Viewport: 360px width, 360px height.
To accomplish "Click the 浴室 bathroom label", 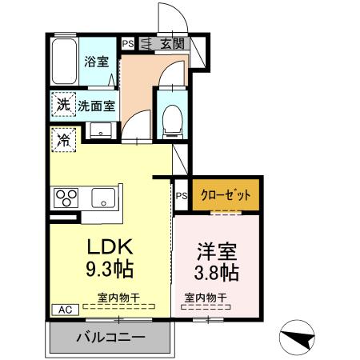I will (98, 62).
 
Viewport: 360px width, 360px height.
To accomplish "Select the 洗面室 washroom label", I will (97, 104).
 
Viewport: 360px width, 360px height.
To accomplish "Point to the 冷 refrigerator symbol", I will (62, 139).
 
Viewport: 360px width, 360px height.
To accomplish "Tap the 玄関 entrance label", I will (170, 45).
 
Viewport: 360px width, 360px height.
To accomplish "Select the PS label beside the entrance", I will (127, 45).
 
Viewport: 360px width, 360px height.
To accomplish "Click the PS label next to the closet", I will (182, 194).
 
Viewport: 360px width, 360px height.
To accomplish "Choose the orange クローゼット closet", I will (225, 194).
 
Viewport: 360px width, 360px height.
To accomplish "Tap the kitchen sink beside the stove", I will (102, 197).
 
